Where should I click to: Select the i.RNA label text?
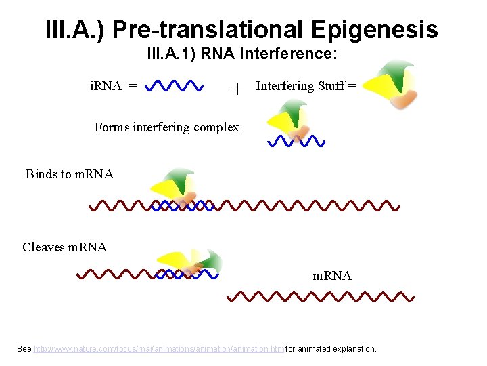click(106, 86)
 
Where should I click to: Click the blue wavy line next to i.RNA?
click(175, 86)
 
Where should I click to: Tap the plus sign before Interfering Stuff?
click(237, 88)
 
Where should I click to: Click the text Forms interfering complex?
click(166, 127)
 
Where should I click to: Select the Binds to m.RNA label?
click(70, 174)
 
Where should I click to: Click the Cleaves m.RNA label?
click(65, 247)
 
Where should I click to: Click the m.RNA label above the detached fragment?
click(331, 276)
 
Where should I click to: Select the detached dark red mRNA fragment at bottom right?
click(320, 297)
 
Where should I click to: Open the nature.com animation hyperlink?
click(158, 349)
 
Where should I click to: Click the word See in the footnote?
click(24, 349)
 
